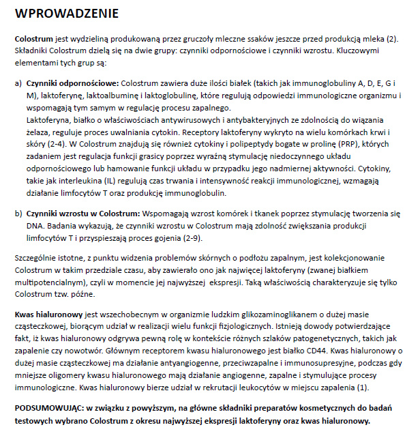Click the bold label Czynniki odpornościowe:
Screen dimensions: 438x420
coord(74,83)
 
